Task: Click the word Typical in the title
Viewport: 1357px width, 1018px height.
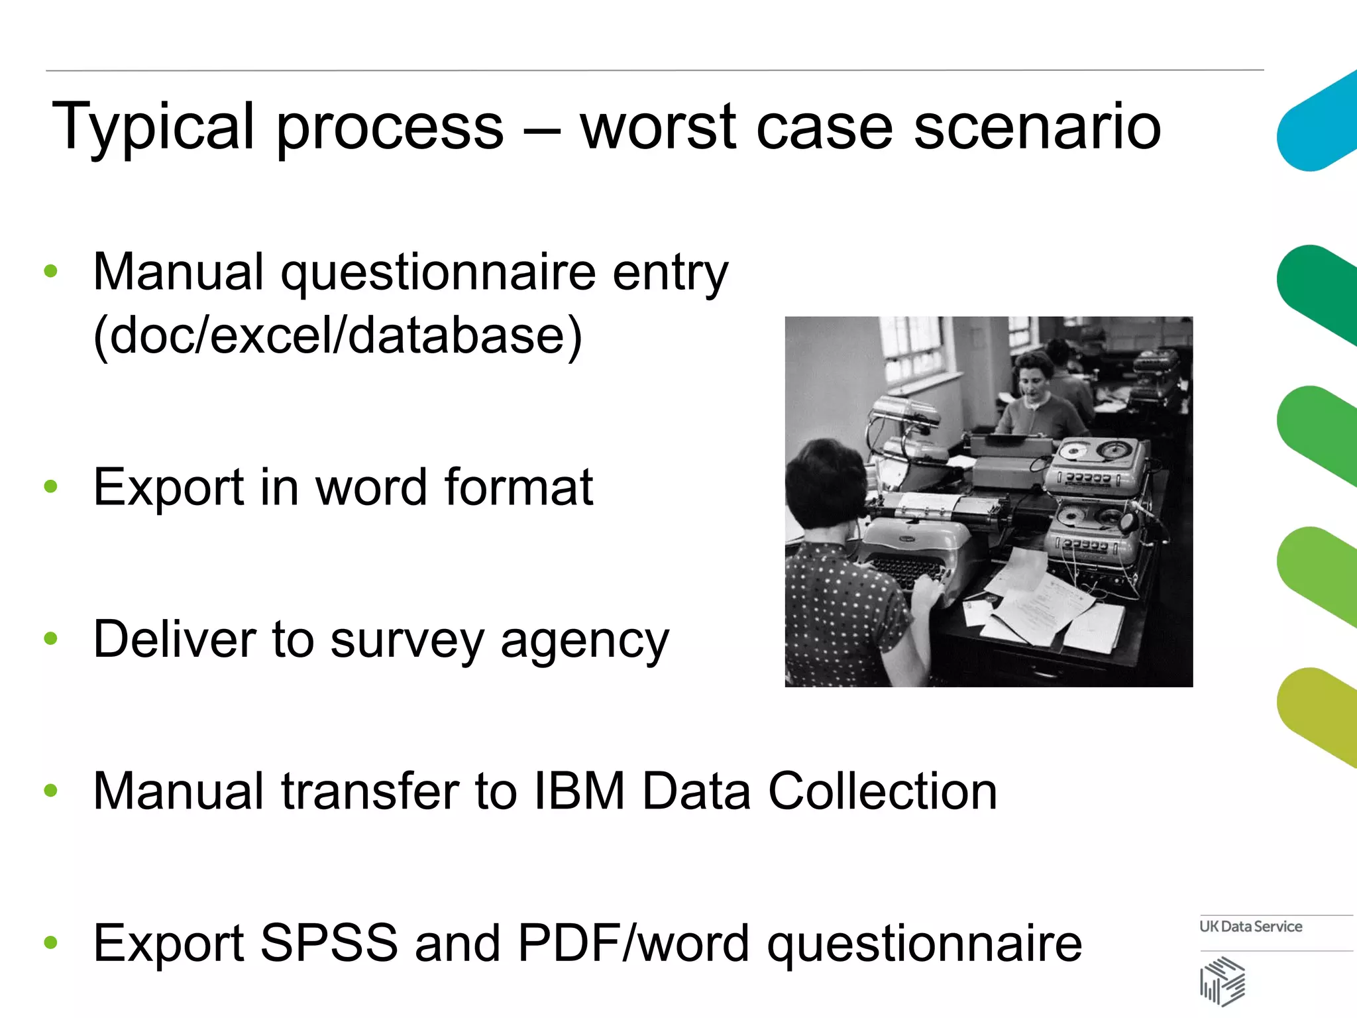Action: pos(153,127)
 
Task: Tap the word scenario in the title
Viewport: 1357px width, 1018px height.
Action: pos(1037,127)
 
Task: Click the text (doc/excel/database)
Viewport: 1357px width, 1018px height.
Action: pos(337,335)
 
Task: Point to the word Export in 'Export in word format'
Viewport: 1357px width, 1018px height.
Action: pos(168,487)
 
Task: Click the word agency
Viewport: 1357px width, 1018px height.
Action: pos(584,640)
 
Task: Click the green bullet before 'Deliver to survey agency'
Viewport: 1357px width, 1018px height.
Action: pos(51,639)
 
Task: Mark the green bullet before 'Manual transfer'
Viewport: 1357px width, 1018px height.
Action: pos(51,790)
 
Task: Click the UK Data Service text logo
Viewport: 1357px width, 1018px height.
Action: pos(1250,927)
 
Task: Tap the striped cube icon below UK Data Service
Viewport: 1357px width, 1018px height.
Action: pos(1222,982)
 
